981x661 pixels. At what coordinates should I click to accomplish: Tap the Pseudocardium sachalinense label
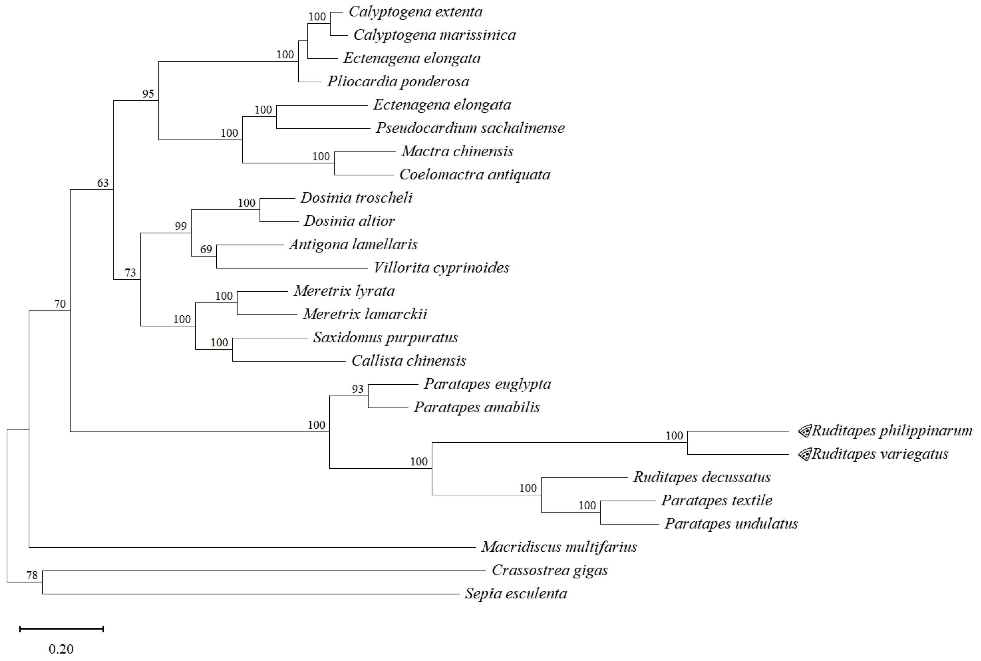(x=470, y=128)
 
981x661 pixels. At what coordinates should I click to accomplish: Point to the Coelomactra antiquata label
(x=474, y=175)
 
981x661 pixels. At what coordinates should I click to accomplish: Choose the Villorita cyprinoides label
(x=441, y=268)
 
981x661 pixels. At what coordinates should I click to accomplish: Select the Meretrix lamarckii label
(x=365, y=314)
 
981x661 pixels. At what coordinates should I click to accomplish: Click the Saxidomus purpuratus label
(x=385, y=337)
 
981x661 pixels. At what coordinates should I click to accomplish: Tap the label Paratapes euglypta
(x=487, y=384)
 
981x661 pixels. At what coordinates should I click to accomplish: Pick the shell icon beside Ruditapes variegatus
(x=804, y=454)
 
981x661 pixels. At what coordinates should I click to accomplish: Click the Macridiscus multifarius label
(x=559, y=547)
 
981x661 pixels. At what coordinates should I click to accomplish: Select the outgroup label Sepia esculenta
(x=515, y=594)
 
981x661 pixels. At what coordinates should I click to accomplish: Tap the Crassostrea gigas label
(x=549, y=570)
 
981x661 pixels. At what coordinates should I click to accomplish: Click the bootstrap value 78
(x=32, y=575)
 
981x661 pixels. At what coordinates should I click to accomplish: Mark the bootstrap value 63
(x=103, y=183)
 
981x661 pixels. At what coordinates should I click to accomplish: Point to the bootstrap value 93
(x=358, y=389)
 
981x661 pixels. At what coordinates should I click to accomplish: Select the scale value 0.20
(x=61, y=649)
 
